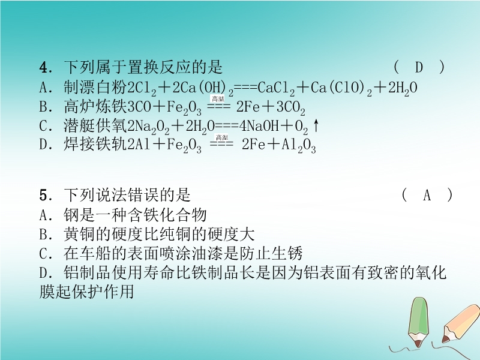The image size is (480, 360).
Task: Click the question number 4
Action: (x=43, y=68)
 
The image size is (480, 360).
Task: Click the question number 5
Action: (x=43, y=196)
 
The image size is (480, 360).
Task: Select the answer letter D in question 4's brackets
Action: (x=419, y=67)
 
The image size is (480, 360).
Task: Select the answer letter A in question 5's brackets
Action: (x=427, y=196)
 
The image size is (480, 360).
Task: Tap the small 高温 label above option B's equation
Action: (x=218, y=98)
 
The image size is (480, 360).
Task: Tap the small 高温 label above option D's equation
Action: (x=222, y=137)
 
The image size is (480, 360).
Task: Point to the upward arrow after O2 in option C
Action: (x=316, y=126)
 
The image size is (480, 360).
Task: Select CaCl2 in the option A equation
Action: (x=276, y=89)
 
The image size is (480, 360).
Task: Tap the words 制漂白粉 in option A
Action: (x=95, y=87)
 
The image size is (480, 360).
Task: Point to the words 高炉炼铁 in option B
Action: (x=95, y=107)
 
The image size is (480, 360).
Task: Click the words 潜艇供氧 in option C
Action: (x=95, y=126)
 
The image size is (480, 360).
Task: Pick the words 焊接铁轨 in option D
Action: (x=95, y=145)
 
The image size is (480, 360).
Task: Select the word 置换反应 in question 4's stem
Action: (x=158, y=67)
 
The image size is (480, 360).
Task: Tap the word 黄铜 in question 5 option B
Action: (x=79, y=234)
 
